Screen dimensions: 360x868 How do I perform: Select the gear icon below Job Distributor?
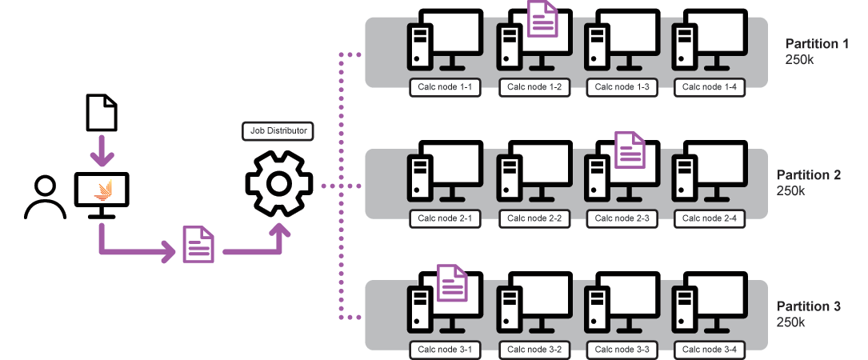coord(278,184)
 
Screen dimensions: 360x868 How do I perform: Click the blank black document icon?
coord(102,113)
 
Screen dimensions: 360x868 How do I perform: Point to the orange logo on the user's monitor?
coord(103,190)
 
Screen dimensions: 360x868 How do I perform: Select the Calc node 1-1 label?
coord(446,87)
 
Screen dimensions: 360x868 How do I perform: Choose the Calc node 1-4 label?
coord(710,87)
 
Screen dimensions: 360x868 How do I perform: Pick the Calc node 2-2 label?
coord(534,218)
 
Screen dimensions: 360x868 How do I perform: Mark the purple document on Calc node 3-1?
coord(453,283)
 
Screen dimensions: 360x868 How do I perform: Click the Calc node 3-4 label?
coord(710,349)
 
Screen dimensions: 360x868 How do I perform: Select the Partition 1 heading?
coord(817,44)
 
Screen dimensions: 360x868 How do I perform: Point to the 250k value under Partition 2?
coord(790,191)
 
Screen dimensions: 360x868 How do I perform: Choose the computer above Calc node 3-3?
coord(621,305)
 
